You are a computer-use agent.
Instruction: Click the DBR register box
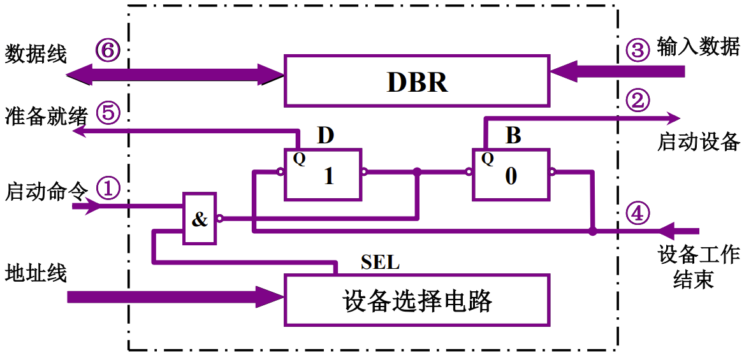[417, 80]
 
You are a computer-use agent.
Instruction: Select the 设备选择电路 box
[417, 299]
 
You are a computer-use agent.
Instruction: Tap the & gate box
[200, 219]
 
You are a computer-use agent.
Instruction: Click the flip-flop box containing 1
[323, 175]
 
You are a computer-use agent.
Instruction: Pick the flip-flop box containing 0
[511, 175]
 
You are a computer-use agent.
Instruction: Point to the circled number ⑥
[108, 50]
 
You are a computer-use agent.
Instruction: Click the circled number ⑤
[108, 113]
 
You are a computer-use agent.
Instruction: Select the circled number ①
[108, 188]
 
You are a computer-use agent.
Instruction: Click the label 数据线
[36, 54]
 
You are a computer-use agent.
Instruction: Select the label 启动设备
[699, 141]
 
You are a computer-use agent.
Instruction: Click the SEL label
[380, 262]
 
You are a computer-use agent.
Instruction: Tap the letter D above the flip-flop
[325, 136]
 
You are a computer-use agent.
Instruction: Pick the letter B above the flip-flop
[513, 136]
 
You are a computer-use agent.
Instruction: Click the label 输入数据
[699, 48]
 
